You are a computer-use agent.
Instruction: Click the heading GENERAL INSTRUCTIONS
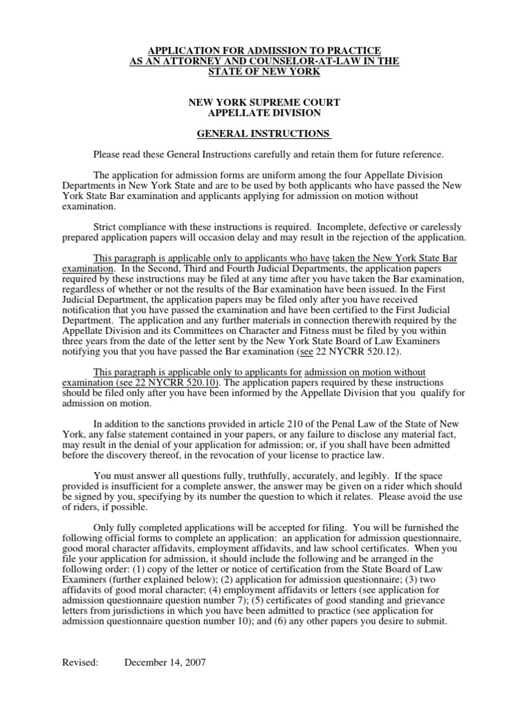(x=264, y=133)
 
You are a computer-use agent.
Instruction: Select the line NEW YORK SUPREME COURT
(x=264, y=103)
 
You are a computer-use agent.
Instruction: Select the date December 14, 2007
(x=165, y=663)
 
